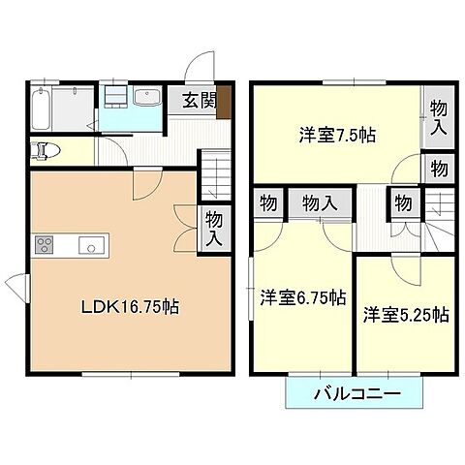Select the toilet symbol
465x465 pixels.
click(46, 150)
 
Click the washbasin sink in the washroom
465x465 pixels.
click(148, 100)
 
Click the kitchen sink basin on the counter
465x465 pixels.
click(90, 246)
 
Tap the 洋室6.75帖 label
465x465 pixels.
click(301, 298)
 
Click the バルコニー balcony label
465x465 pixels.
click(356, 394)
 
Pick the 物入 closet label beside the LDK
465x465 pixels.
click(215, 230)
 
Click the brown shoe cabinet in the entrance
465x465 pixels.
click(224, 101)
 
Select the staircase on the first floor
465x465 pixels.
click(216, 174)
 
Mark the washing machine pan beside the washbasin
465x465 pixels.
click(114, 99)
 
